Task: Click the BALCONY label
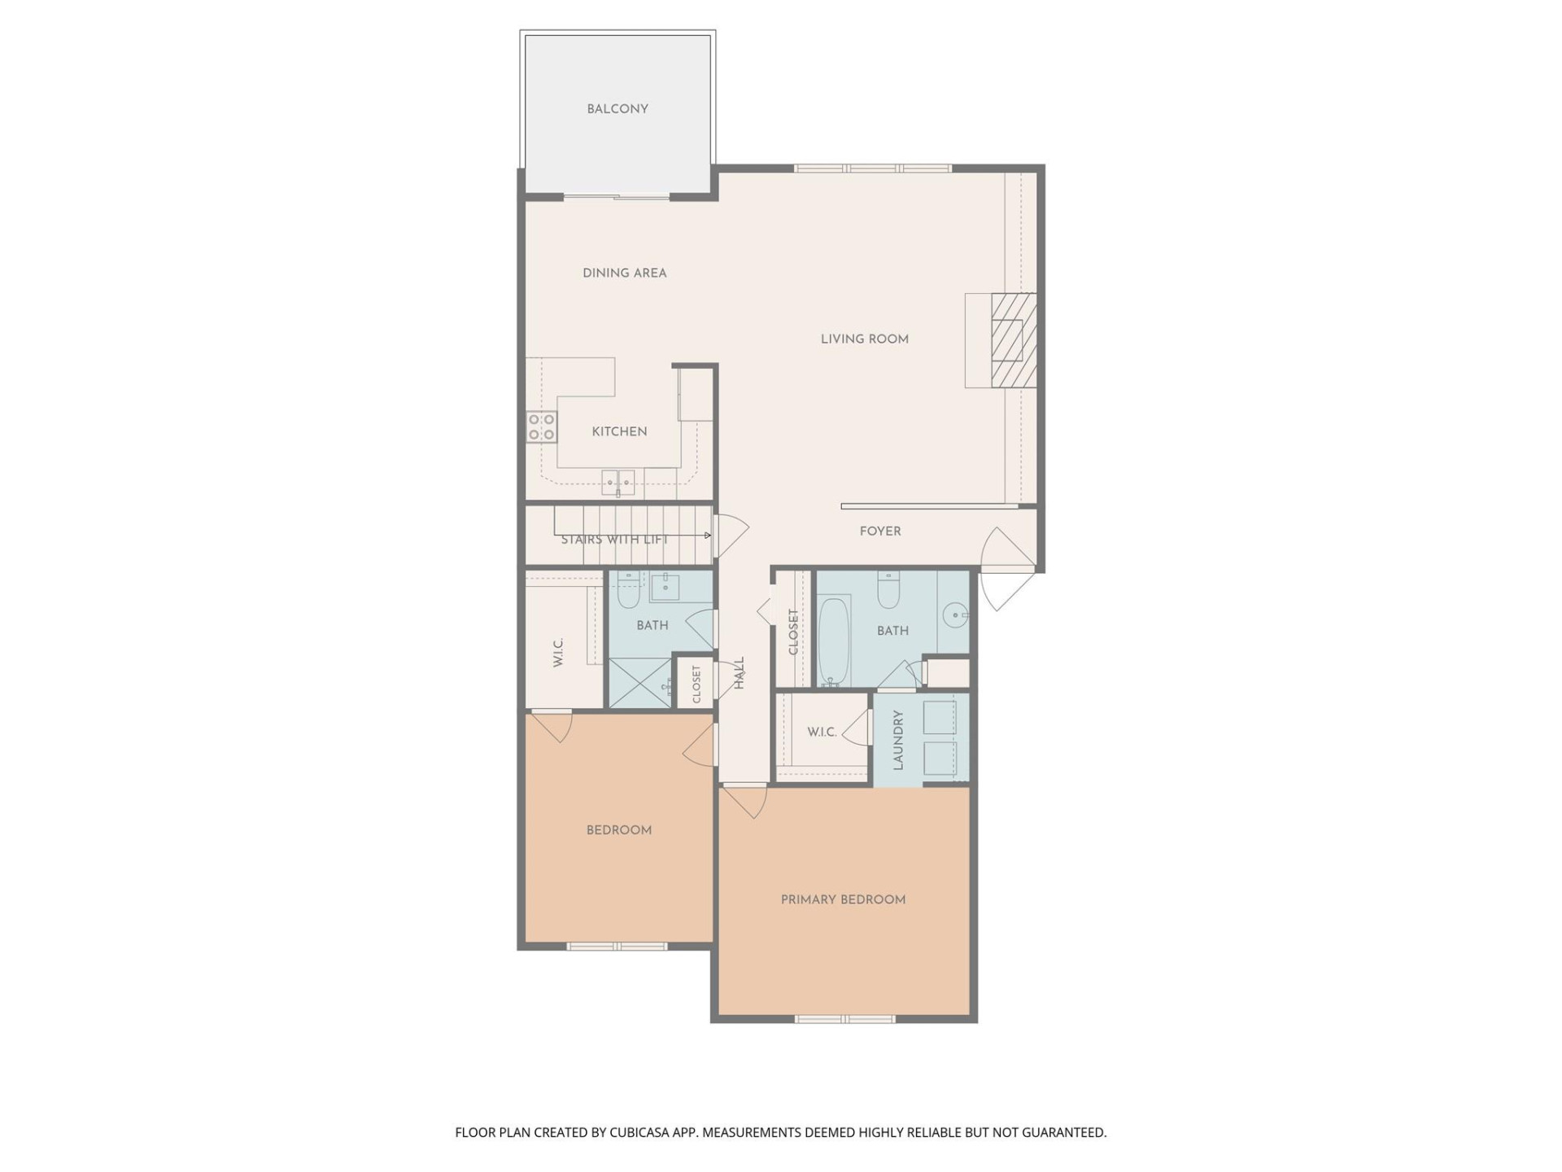pos(617,109)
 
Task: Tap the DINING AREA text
pos(624,273)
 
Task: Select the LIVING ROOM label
pos(864,339)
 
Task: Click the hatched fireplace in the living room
pos(1013,339)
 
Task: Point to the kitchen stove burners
pos(541,426)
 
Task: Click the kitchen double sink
pos(618,482)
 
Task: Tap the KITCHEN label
pos(619,431)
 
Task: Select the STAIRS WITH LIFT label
pos(614,540)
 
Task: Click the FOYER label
pos(880,531)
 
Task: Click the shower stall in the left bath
pos(640,683)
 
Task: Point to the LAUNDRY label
pos(898,740)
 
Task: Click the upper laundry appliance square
pos(940,719)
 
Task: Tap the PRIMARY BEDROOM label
pos(843,899)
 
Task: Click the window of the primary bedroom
pos(844,1018)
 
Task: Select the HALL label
pos(740,673)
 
